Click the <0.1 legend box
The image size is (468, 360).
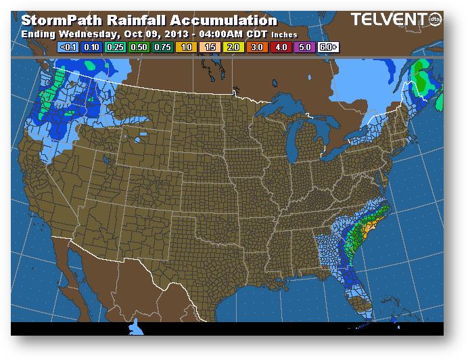click(68, 47)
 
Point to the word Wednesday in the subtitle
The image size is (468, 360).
click(85, 34)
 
